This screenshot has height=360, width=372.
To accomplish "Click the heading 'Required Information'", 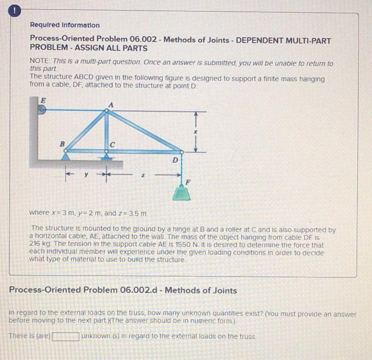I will (65, 25).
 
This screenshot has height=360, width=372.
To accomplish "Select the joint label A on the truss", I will (110, 105).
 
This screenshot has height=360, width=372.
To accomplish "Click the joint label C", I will (113, 144).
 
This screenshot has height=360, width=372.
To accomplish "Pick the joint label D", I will (175, 158).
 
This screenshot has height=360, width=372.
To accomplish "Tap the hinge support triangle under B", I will (65, 156).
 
